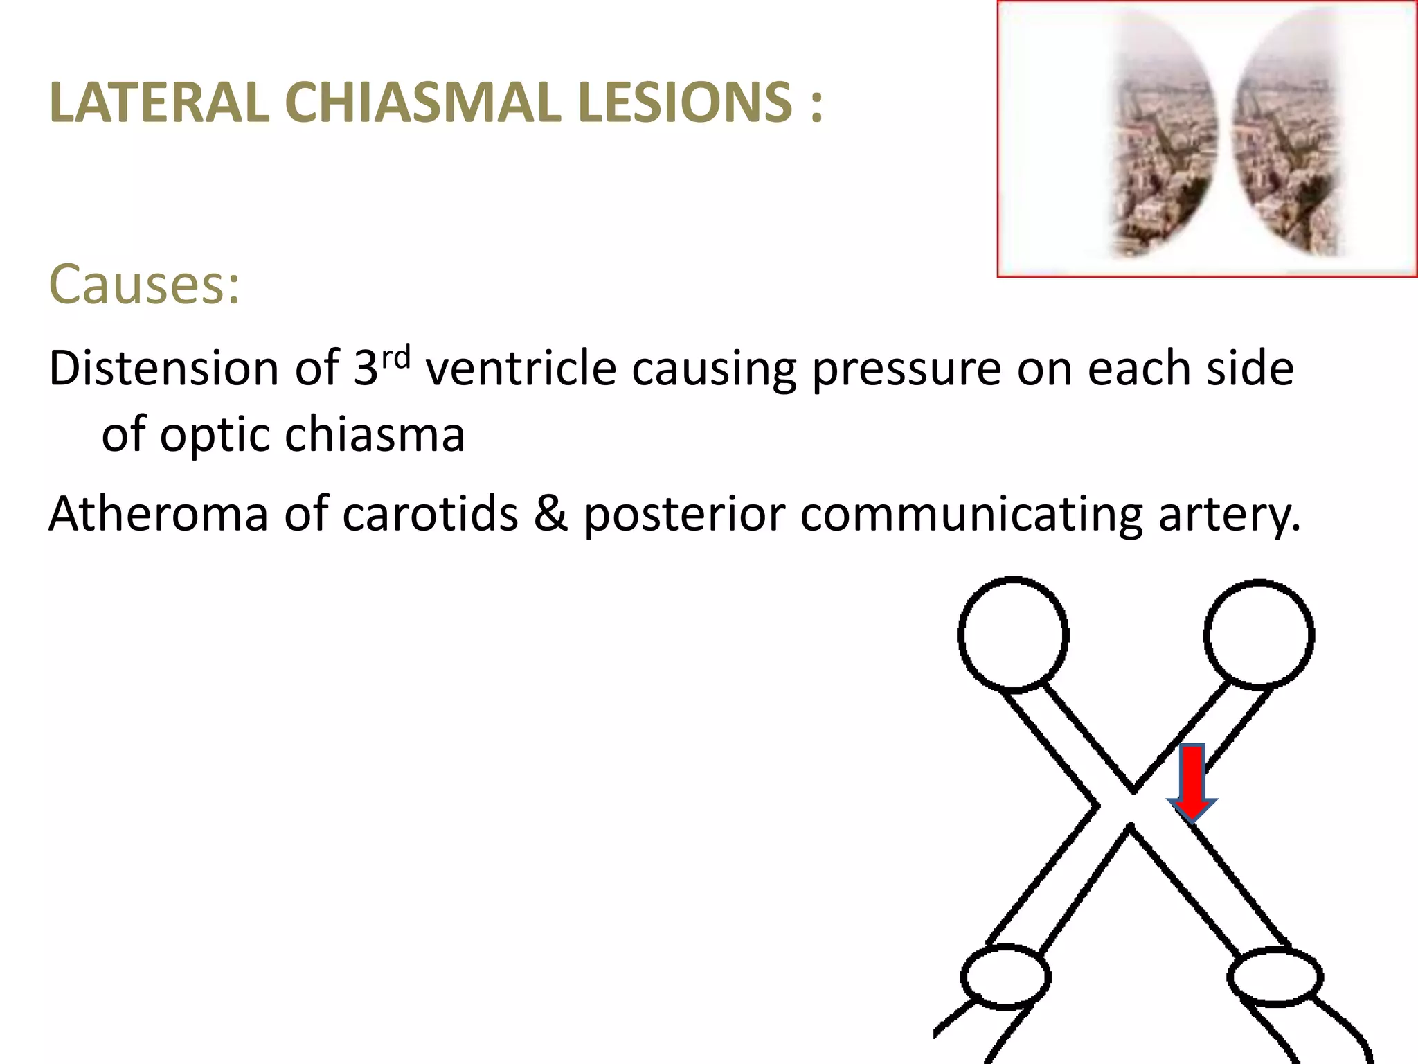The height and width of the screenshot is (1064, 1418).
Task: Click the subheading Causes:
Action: (x=145, y=284)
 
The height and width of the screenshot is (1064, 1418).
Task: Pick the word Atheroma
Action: (x=158, y=514)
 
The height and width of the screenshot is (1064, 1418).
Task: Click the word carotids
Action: (x=430, y=514)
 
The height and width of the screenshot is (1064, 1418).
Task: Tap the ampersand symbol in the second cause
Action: (x=550, y=514)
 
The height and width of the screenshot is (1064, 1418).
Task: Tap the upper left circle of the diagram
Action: (x=1013, y=634)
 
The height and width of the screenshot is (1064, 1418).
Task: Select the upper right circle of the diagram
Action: (x=1259, y=634)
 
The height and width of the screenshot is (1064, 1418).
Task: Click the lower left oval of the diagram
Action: (x=1005, y=977)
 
